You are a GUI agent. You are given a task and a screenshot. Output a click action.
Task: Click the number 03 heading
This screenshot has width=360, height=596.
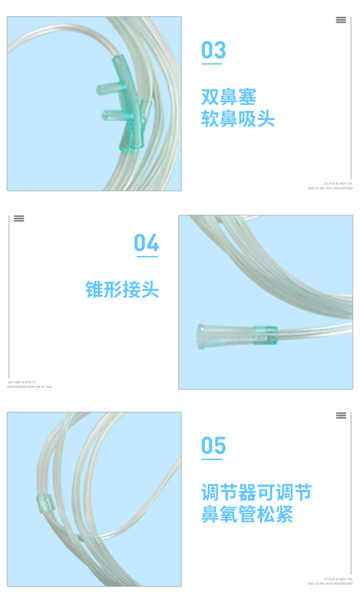(x=213, y=50)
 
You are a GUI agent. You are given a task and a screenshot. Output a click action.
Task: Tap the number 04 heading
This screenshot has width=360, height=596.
(x=146, y=243)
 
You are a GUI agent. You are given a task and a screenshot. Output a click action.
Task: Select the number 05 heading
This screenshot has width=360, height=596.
(x=213, y=445)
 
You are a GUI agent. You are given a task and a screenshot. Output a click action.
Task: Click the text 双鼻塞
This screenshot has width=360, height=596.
(x=229, y=97)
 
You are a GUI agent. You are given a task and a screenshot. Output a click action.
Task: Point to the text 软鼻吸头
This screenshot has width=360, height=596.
(x=238, y=119)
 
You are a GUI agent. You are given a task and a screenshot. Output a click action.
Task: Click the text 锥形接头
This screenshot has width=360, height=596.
(x=122, y=289)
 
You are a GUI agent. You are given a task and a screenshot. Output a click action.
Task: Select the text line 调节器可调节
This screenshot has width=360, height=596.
(x=257, y=493)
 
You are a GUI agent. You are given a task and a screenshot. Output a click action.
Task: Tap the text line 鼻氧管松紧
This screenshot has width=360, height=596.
(x=247, y=514)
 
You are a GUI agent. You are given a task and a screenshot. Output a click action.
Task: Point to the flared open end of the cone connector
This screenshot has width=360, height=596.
(x=201, y=336)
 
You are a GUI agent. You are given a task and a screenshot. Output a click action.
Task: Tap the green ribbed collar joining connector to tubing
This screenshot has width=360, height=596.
(x=265, y=335)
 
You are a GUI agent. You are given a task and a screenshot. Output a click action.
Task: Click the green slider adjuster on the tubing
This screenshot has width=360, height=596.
(x=46, y=503)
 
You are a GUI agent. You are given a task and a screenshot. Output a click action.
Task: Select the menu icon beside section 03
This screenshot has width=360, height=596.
(x=341, y=20)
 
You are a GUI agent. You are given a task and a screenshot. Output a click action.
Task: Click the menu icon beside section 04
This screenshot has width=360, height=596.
(x=19, y=218)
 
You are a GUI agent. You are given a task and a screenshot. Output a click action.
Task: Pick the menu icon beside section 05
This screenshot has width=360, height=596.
(x=341, y=416)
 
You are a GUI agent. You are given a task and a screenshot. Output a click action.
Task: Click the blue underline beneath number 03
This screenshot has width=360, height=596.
(x=212, y=64)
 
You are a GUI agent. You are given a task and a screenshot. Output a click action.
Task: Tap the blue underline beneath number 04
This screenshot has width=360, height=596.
(x=147, y=257)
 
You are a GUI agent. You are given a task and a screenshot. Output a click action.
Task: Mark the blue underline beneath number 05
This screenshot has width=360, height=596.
(x=212, y=459)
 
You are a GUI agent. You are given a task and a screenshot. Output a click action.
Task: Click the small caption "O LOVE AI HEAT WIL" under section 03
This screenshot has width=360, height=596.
(x=338, y=183)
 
